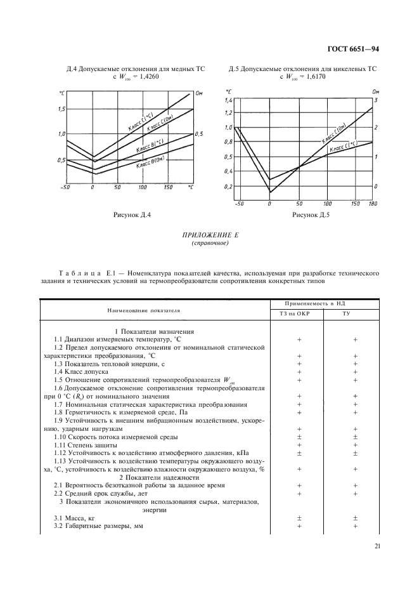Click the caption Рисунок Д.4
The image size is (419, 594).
pos(131,215)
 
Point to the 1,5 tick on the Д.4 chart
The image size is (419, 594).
pos(61,109)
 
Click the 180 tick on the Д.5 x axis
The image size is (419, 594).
pos(372,203)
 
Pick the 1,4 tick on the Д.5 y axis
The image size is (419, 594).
pos(229,101)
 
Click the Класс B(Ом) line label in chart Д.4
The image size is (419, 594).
pos(150,164)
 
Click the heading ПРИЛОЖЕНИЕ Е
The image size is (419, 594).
pos(209,235)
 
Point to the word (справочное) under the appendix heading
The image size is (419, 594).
pos(209,243)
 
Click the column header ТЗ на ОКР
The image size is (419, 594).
pos(298,313)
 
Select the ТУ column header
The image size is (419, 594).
pos(355,313)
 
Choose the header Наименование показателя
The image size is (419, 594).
pos(152,311)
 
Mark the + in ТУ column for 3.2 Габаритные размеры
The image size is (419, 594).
pos(355,527)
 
